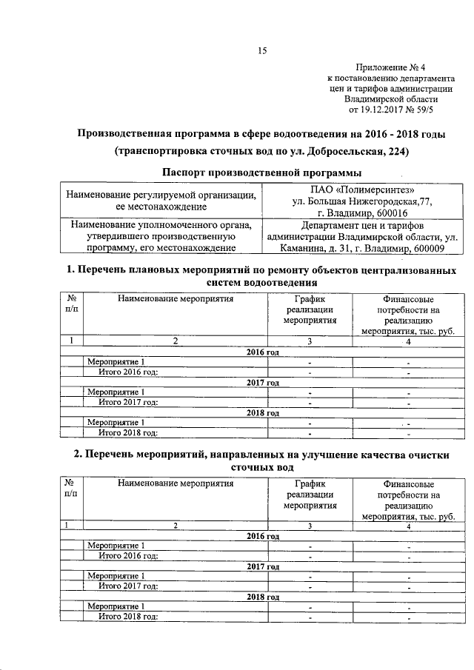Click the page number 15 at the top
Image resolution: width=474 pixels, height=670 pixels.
tap(261, 51)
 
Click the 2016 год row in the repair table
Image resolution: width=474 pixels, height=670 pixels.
tap(262, 352)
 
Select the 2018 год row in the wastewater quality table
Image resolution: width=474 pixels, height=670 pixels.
tap(262, 597)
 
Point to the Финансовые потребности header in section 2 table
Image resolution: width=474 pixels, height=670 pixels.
tap(408, 489)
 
